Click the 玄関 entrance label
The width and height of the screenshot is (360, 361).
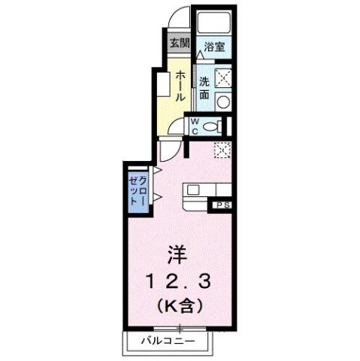[x=178, y=43]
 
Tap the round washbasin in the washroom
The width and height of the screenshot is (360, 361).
[x=222, y=101]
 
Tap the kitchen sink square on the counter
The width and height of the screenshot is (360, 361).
[x=192, y=188]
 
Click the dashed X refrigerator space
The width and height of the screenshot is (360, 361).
[x=222, y=150]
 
